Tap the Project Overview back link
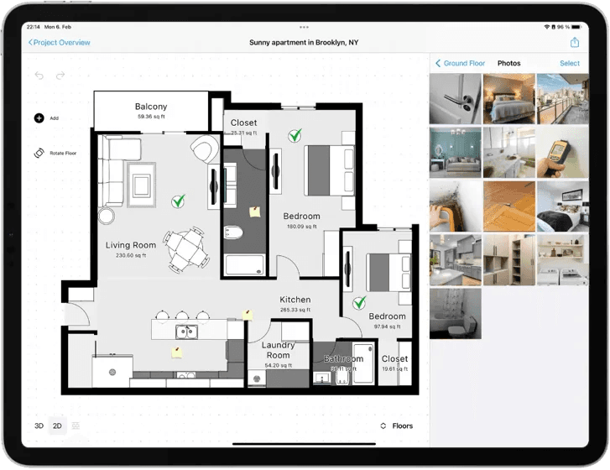pyautogui.click(x=59, y=43)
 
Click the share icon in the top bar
pyautogui.click(x=575, y=43)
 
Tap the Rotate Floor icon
pyautogui.click(x=39, y=154)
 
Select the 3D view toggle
pyautogui.click(x=39, y=426)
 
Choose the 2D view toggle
pyautogui.click(x=58, y=426)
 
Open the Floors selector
pyautogui.click(x=397, y=426)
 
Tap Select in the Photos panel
pyautogui.click(x=570, y=64)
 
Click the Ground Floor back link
pyautogui.click(x=460, y=64)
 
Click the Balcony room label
pyautogui.click(x=151, y=107)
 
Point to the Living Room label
pyautogui.click(x=131, y=246)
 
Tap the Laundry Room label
pyautogui.click(x=278, y=350)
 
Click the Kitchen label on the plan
pyautogui.click(x=295, y=300)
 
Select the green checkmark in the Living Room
pyautogui.click(x=178, y=201)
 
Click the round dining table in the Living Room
pyautogui.click(x=185, y=246)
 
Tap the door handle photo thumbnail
pyautogui.click(x=455, y=98)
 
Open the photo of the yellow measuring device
pyautogui.click(x=562, y=152)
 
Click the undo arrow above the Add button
pyautogui.click(x=39, y=76)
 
